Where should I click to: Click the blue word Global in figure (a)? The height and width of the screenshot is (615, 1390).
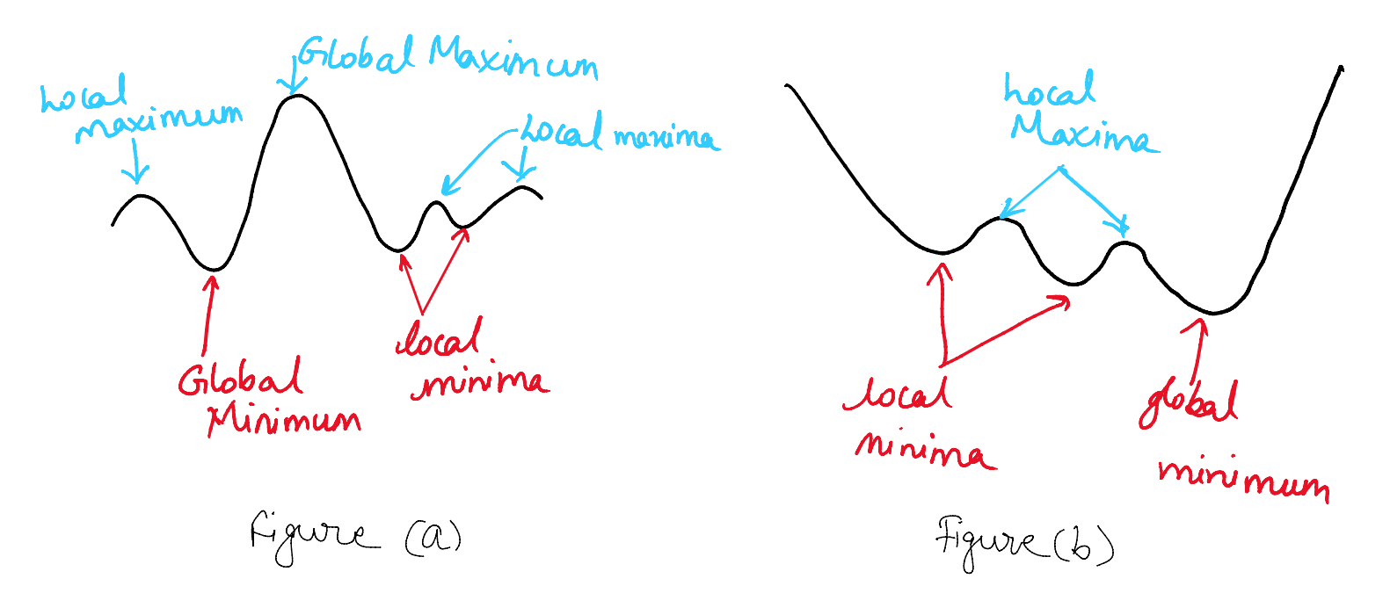pyautogui.click(x=355, y=54)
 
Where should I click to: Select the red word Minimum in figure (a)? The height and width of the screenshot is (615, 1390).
pyautogui.click(x=284, y=422)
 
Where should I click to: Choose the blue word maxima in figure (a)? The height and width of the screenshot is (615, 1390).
pyautogui.click(x=667, y=138)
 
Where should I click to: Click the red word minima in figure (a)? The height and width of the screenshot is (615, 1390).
pyautogui.click(x=480, y=381)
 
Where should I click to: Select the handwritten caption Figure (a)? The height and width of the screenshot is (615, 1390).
pyautogui.click(x=356, y=537)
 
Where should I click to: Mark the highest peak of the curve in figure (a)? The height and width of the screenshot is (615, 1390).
pyautogui.click(x=298, y=95)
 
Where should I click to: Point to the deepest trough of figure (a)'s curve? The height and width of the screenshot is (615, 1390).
pyautogui.click(x=214, y=270)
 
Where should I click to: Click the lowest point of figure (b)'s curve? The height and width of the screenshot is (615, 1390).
pyautogui.click(x=1213, y=313)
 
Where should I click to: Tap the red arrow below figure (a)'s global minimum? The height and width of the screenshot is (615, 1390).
pyautogui.click(x=207, y=315)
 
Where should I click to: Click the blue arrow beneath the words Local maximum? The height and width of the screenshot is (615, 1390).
pyautogui.click(x=136, y=161)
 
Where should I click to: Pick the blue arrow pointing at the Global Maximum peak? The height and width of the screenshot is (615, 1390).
pyautogui.click(x=292, y=76)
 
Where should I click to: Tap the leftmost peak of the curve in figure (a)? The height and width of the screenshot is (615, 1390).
pyautogui.click(x=142, y=196)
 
